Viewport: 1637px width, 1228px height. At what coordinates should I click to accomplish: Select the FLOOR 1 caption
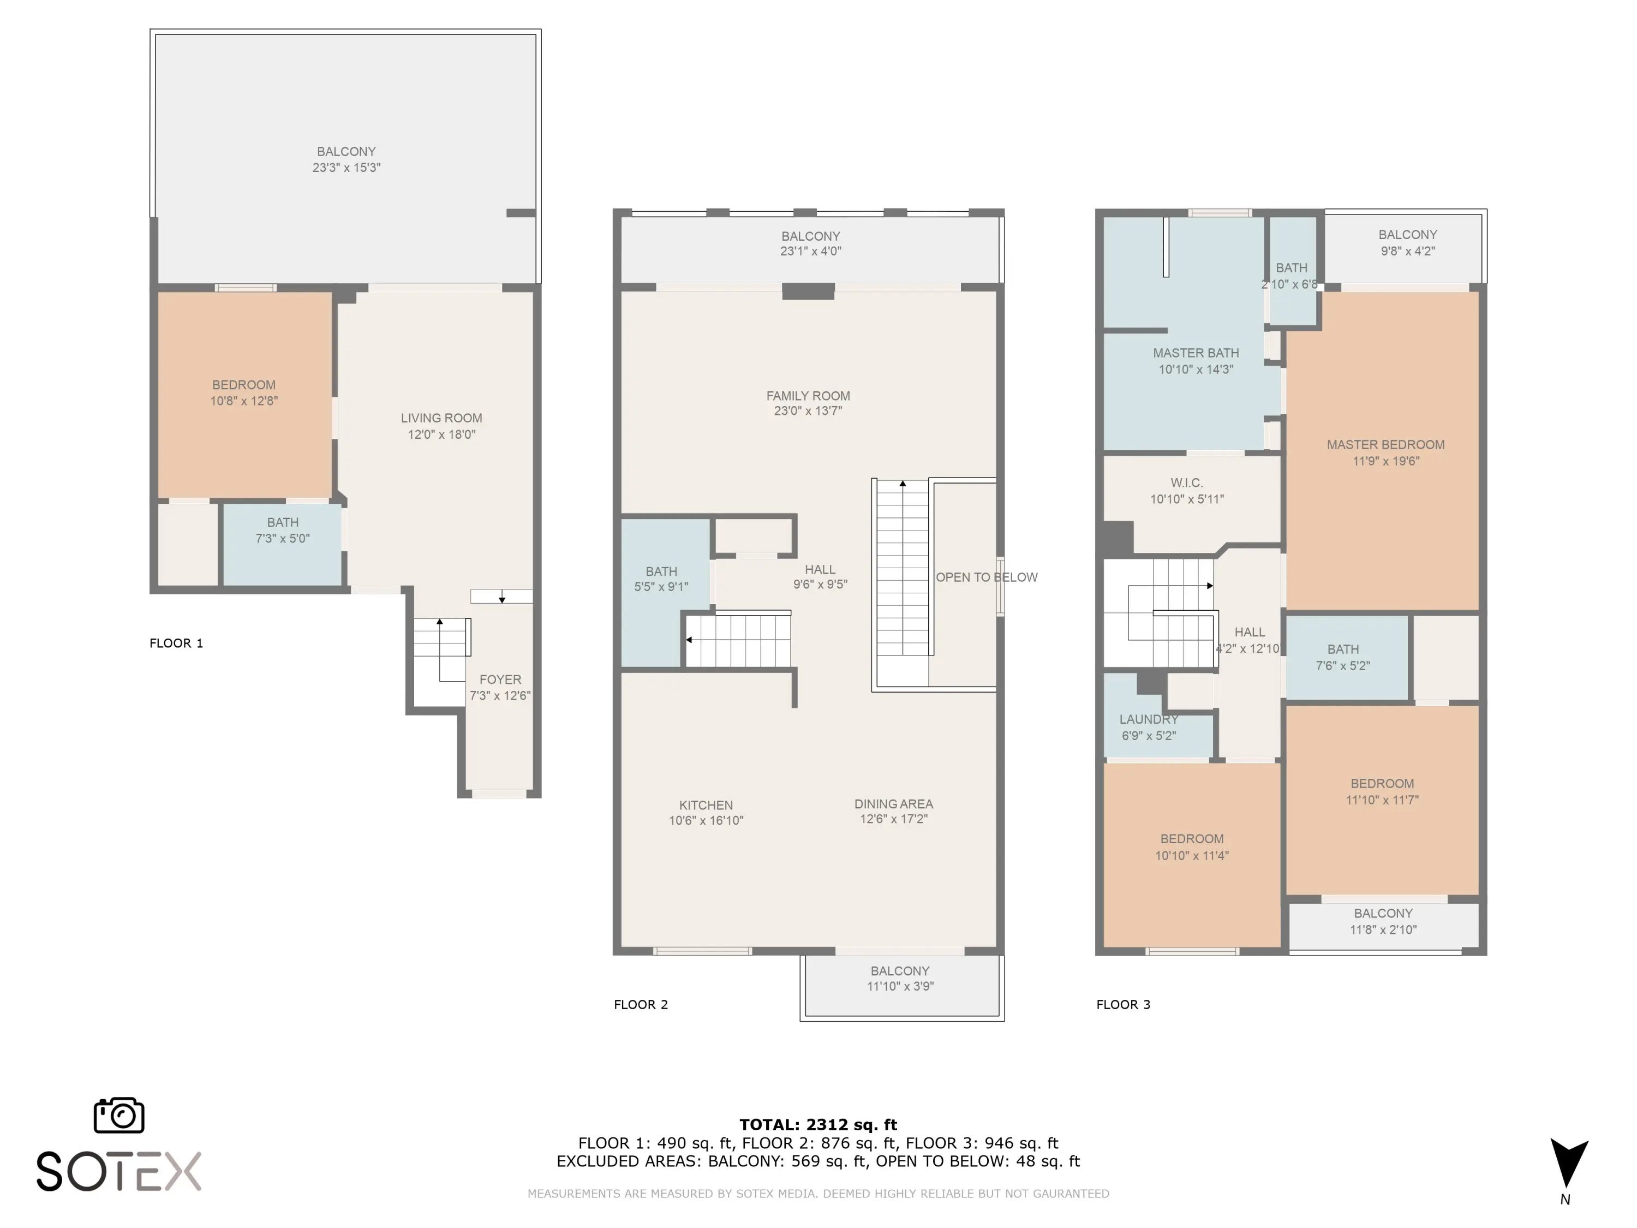pos(176,643)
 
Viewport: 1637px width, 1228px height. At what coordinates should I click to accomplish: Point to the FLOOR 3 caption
pos(1124,1004)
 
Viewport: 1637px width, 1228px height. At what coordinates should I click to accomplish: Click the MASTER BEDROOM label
pos(1385,445)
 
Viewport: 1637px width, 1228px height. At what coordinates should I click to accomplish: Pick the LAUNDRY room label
pos(1149,719)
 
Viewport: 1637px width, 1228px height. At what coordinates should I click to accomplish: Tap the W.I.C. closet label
pos(1187,482)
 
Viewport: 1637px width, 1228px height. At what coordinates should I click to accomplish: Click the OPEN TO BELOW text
pos(987,577)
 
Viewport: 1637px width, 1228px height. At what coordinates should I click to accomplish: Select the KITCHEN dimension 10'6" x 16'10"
pos(706,820)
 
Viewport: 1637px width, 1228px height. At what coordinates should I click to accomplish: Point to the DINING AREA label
pos(894,804)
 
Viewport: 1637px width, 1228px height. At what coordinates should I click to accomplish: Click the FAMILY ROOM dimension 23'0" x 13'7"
pos(808,411)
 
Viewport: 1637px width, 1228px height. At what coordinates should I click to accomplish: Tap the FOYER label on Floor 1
pos(500,679)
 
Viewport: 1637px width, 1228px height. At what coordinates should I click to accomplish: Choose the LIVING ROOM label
pos(442,418)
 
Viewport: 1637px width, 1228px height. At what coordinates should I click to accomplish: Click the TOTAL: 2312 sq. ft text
pos(818,1125)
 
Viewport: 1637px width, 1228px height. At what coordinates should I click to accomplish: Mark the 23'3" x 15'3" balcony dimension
pos(346,168)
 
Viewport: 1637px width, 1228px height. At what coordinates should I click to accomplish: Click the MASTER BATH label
pos(1196,353)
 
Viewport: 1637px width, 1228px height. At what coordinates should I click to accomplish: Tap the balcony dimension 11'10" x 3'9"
pos(901,986)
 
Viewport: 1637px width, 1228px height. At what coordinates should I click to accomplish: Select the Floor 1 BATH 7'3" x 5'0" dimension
pos(283,539)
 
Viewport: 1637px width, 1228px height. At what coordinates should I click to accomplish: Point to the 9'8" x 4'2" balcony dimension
pos(1408,251)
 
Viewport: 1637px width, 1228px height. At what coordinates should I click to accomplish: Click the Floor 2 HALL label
pos(820,569)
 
